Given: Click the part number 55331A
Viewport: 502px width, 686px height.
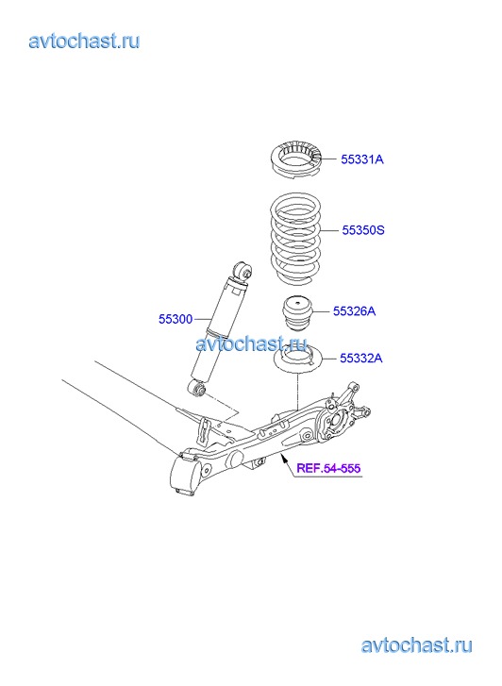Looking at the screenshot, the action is (362, 159).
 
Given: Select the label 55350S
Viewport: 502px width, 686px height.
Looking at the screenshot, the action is (363, 230).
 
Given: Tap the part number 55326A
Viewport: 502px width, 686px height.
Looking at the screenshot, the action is (354, 311).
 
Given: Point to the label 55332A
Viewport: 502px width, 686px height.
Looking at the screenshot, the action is (361, 359).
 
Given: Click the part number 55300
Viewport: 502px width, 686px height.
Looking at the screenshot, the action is (176, 319).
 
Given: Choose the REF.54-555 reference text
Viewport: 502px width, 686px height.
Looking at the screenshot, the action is (328, 468).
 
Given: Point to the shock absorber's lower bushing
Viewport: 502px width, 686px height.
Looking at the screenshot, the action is (197, 388).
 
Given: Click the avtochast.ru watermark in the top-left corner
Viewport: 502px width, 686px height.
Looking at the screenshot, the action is (84, 42).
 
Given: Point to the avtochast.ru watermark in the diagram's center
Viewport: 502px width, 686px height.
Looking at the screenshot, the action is (251, 343).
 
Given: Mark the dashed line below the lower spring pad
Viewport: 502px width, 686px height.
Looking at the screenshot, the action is (297, 392).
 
